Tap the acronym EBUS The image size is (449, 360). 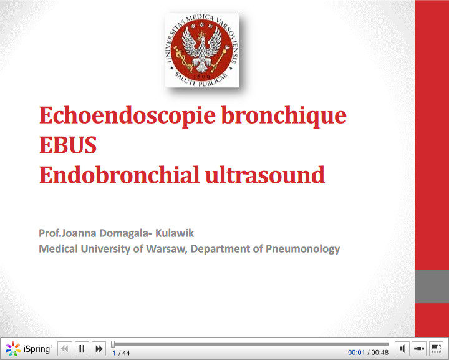pyautogui.click(x=68, y=145)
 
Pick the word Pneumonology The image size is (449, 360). pyautogui.click(x=303, y=249)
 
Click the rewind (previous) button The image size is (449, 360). pyautogui.click(x=65, y=349)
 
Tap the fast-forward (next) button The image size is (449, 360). pyautogui.click(x=99, y=349)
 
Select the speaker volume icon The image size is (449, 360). pyautogui.click(x=403, y=348)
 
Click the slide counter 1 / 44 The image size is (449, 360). pyautogui.click(x=121, y=353)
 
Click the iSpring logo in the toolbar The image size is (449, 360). pyautogui.click(x=29, y=349)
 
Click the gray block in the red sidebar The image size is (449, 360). pyautogui.click(x=432, y=286)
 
